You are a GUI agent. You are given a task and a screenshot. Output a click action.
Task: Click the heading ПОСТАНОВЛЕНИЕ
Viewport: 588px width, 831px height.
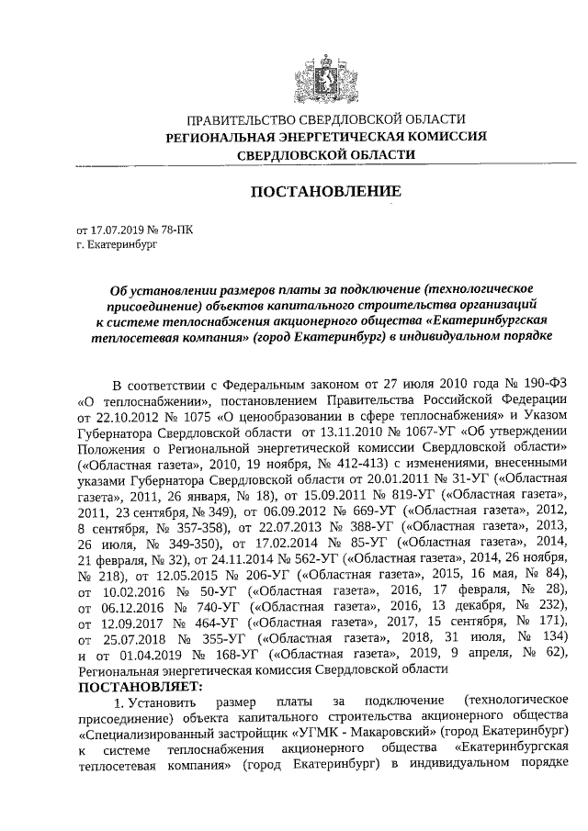coord(326,192)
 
